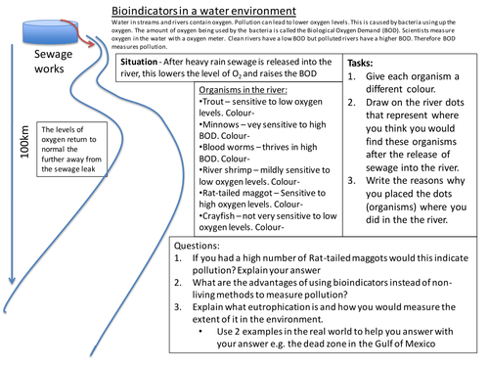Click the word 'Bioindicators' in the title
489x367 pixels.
[x=147, y=7]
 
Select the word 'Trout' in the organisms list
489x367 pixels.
[x=213, y=101]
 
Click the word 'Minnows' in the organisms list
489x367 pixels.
[x=219, y=124]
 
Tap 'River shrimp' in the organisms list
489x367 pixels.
[x=225, y=170]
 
